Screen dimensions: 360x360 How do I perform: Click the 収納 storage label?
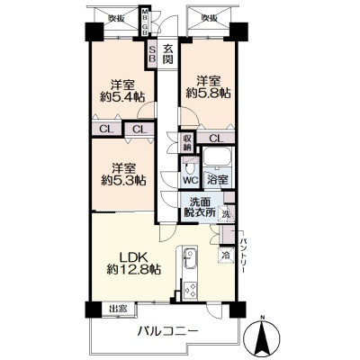[x=187, y=142]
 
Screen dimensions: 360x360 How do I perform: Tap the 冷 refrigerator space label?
[x=225, y=255]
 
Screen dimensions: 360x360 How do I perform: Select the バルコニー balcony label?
[x=167, y=332]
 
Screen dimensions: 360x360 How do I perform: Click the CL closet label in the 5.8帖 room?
[x=217, y=138]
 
